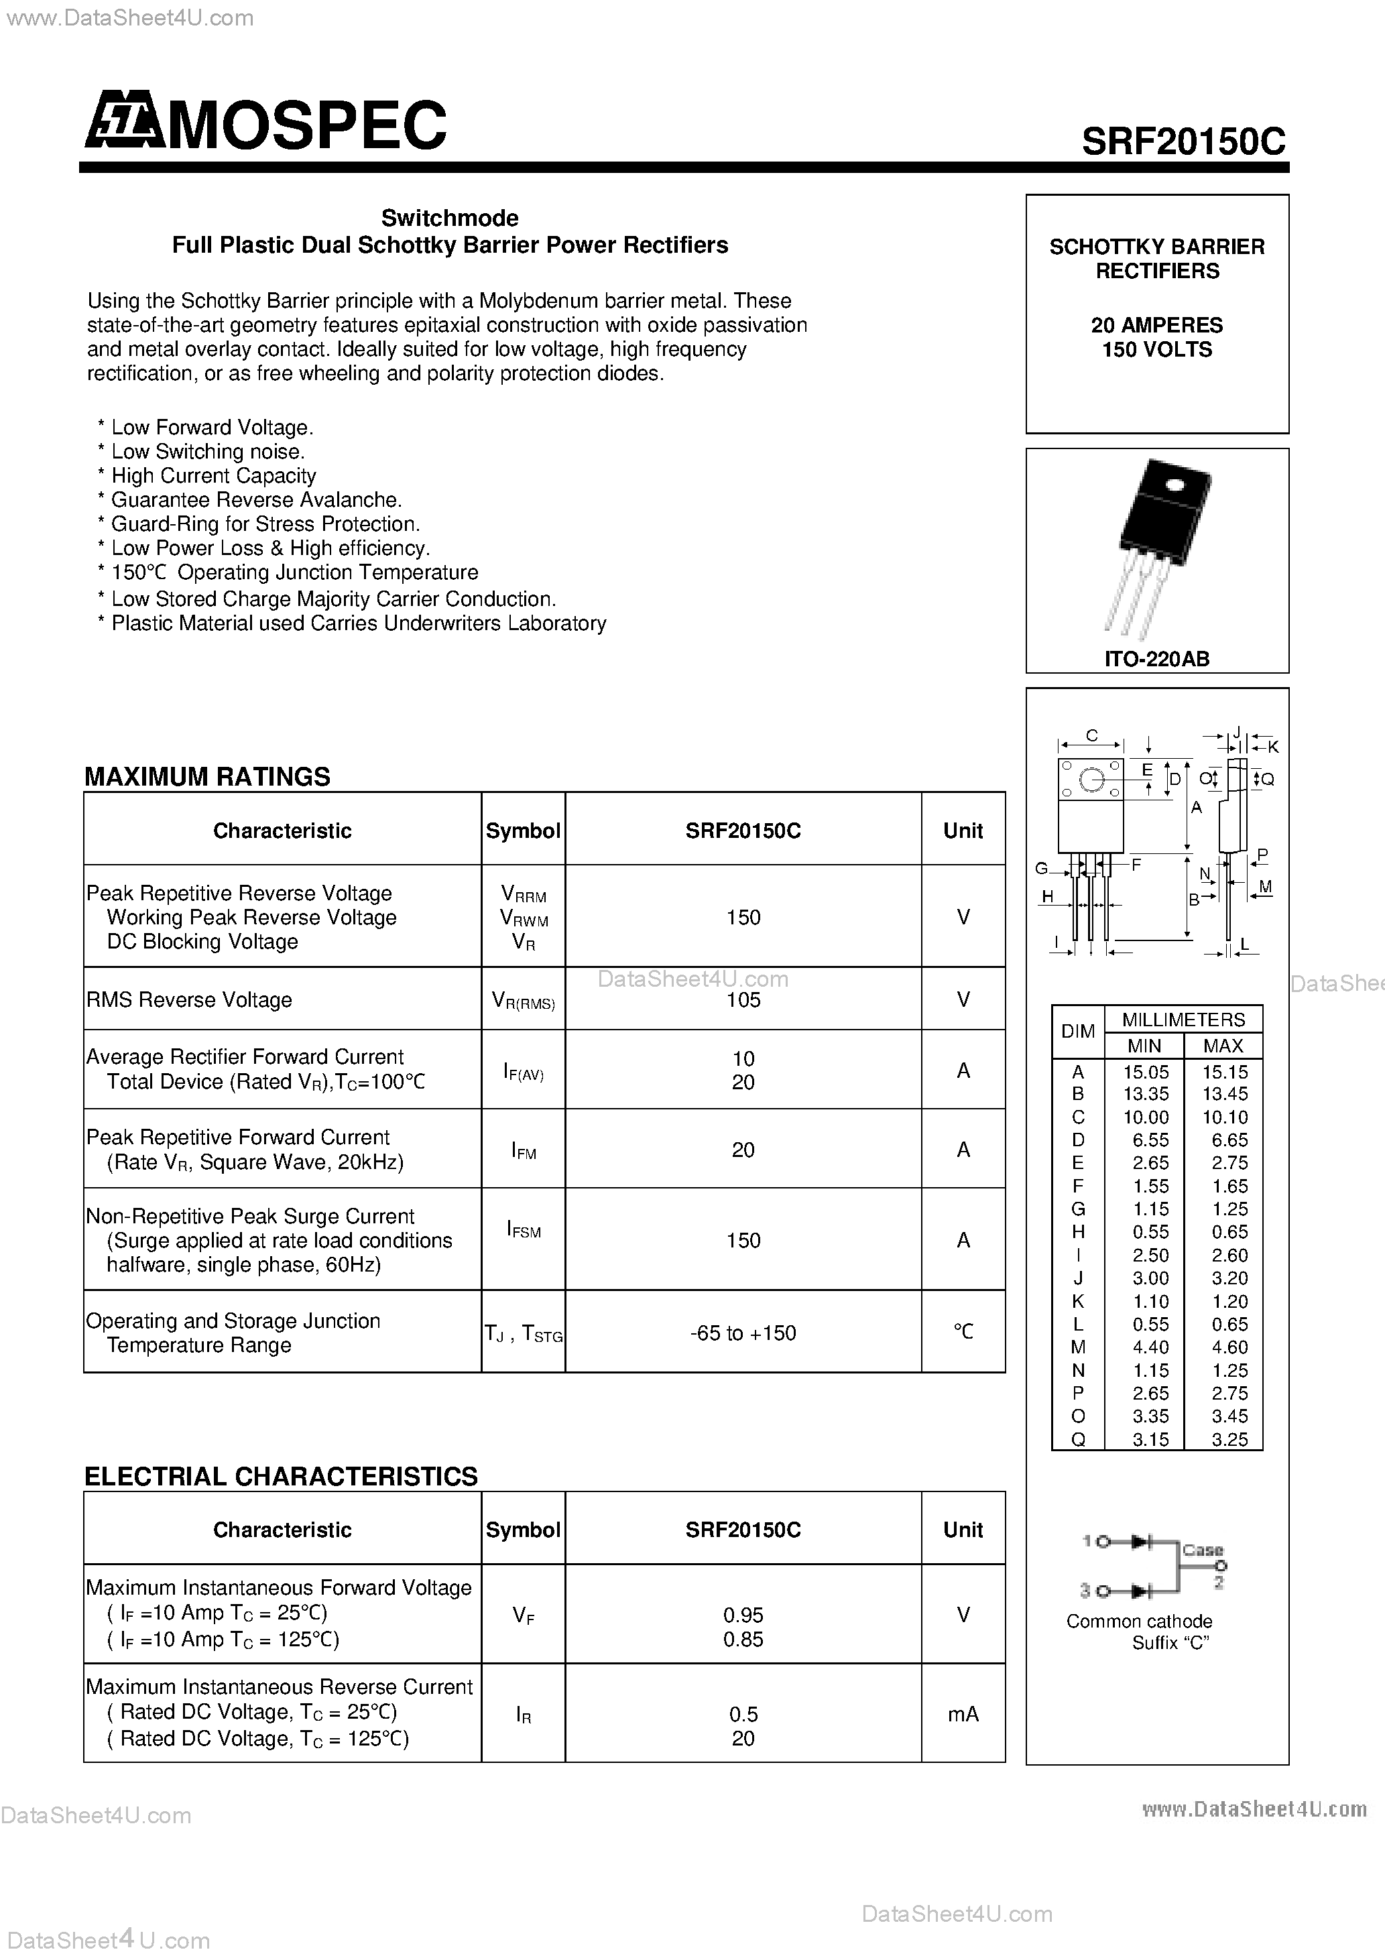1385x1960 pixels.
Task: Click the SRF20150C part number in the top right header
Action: point(1183,141)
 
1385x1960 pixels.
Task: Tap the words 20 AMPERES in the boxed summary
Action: point(1156,325)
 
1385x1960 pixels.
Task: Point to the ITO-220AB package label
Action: point(1156,659)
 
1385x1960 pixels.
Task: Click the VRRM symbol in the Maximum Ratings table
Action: point(524,894)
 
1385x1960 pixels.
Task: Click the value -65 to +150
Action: point(743,1333)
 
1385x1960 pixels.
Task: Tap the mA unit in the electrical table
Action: point(963,1713)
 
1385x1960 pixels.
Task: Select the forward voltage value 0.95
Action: point(743,1614)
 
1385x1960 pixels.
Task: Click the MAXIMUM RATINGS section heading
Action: point(208,776)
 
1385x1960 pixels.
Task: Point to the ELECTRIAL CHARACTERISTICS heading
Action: point(281,1476)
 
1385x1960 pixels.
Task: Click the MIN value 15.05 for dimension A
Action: point(1146,1073)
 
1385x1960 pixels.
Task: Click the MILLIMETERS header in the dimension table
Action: point(1183,1020)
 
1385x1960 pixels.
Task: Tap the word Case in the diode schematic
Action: point(1202,1549)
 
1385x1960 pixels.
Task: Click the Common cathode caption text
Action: point(1139,1621)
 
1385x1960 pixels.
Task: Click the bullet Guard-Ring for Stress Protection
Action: point(265,524)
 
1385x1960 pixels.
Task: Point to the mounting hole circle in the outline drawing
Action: point(1091,780)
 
